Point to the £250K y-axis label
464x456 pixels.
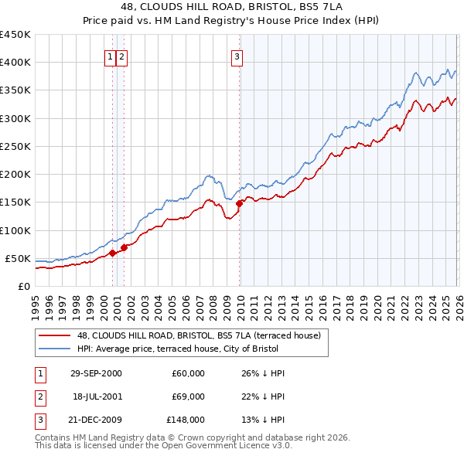point(15,146)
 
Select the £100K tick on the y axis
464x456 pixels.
point(15,230)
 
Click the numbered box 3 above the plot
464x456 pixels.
point(236,56)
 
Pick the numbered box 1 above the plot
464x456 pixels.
point(111,56)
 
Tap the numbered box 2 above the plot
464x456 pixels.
point(123,56)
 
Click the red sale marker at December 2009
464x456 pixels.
point(239,203)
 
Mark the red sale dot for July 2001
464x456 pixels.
point(125,247)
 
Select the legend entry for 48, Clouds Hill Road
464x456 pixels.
point(203,335)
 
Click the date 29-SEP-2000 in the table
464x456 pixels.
point(96,373)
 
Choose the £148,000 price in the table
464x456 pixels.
point(186,421)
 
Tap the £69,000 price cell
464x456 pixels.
point(189,397)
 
